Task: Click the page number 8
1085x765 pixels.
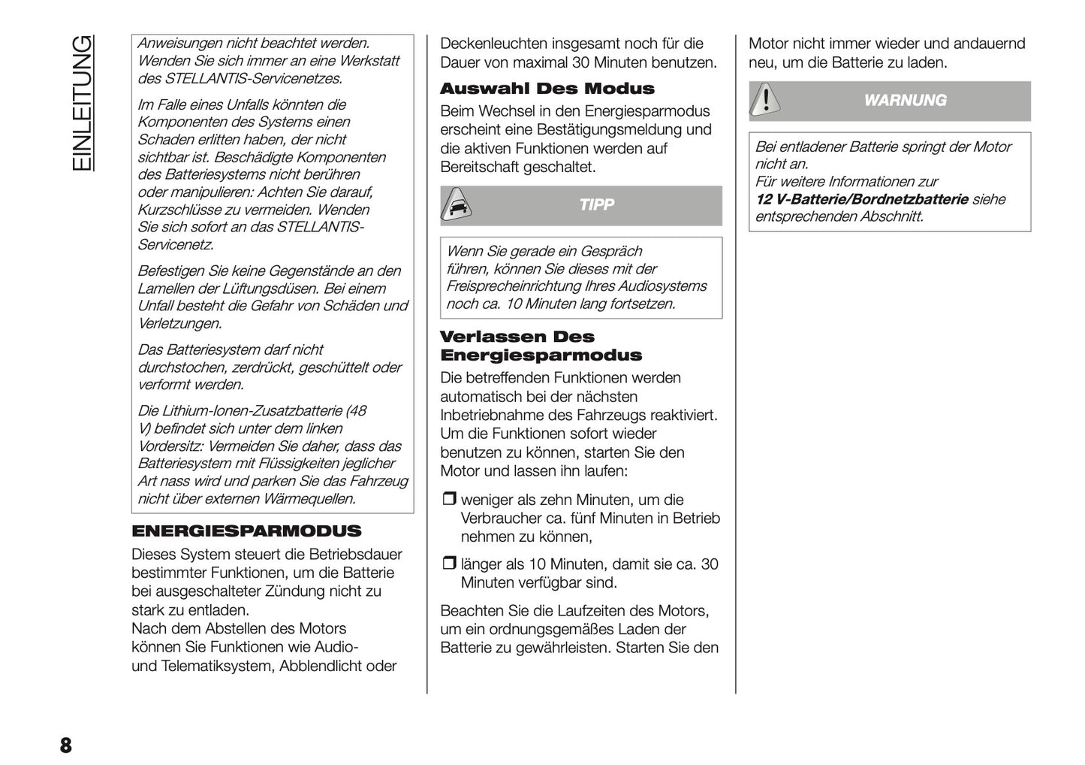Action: click(x=65, y=745)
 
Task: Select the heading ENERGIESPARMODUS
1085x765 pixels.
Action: click(x=246, y=531)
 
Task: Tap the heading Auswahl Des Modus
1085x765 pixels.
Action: click(x=547, y=89)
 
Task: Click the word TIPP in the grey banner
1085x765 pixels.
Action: click(x=596, y=205)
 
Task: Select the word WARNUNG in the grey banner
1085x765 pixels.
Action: click(x=905, y=101)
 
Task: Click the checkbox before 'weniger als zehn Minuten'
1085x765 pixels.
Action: click(x=448, y=500)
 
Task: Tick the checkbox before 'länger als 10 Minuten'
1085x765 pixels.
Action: click(x=448, y=564)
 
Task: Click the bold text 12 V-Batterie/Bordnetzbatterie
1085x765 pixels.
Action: click(x=861, y=199)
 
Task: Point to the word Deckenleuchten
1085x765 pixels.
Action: click(x=493, y=44)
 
